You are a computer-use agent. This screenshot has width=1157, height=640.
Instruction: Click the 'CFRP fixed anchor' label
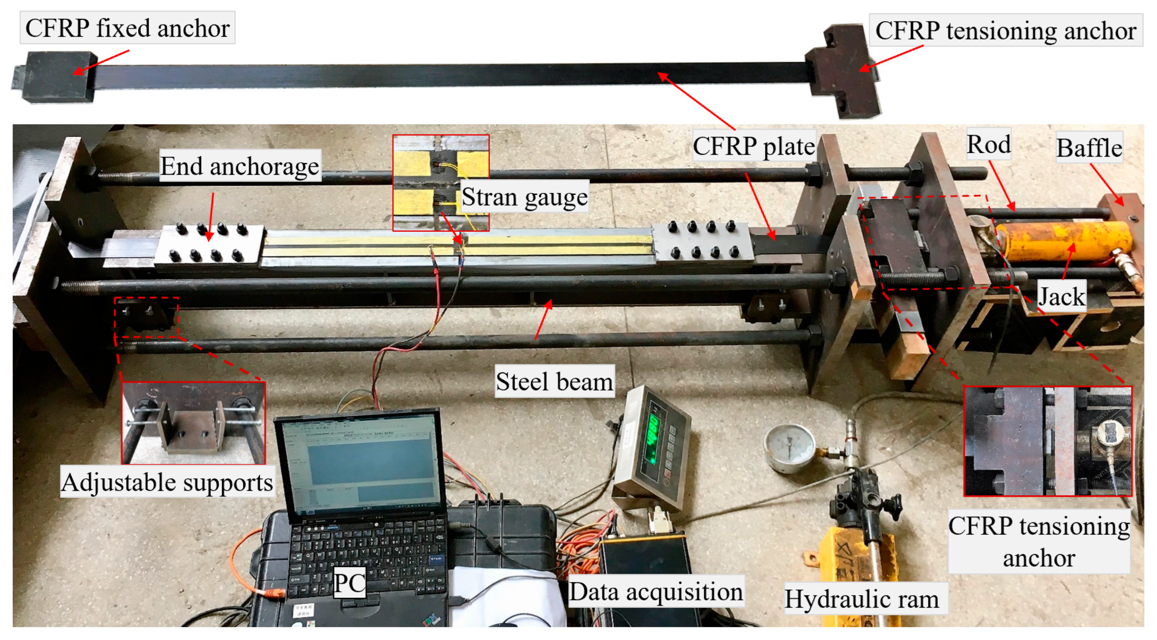[127, 28]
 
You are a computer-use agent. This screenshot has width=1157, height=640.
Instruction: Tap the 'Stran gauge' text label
[524, 197]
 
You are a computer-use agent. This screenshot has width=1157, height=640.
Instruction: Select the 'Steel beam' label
[554, 382]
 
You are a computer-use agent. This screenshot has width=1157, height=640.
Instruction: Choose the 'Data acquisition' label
[655, 592]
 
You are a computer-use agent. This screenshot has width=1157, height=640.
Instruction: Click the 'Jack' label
[1062, 296]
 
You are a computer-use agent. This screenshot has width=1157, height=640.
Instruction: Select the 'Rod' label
[989, 145]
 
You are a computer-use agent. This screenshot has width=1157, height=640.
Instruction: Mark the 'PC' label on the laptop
[349, 583]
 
